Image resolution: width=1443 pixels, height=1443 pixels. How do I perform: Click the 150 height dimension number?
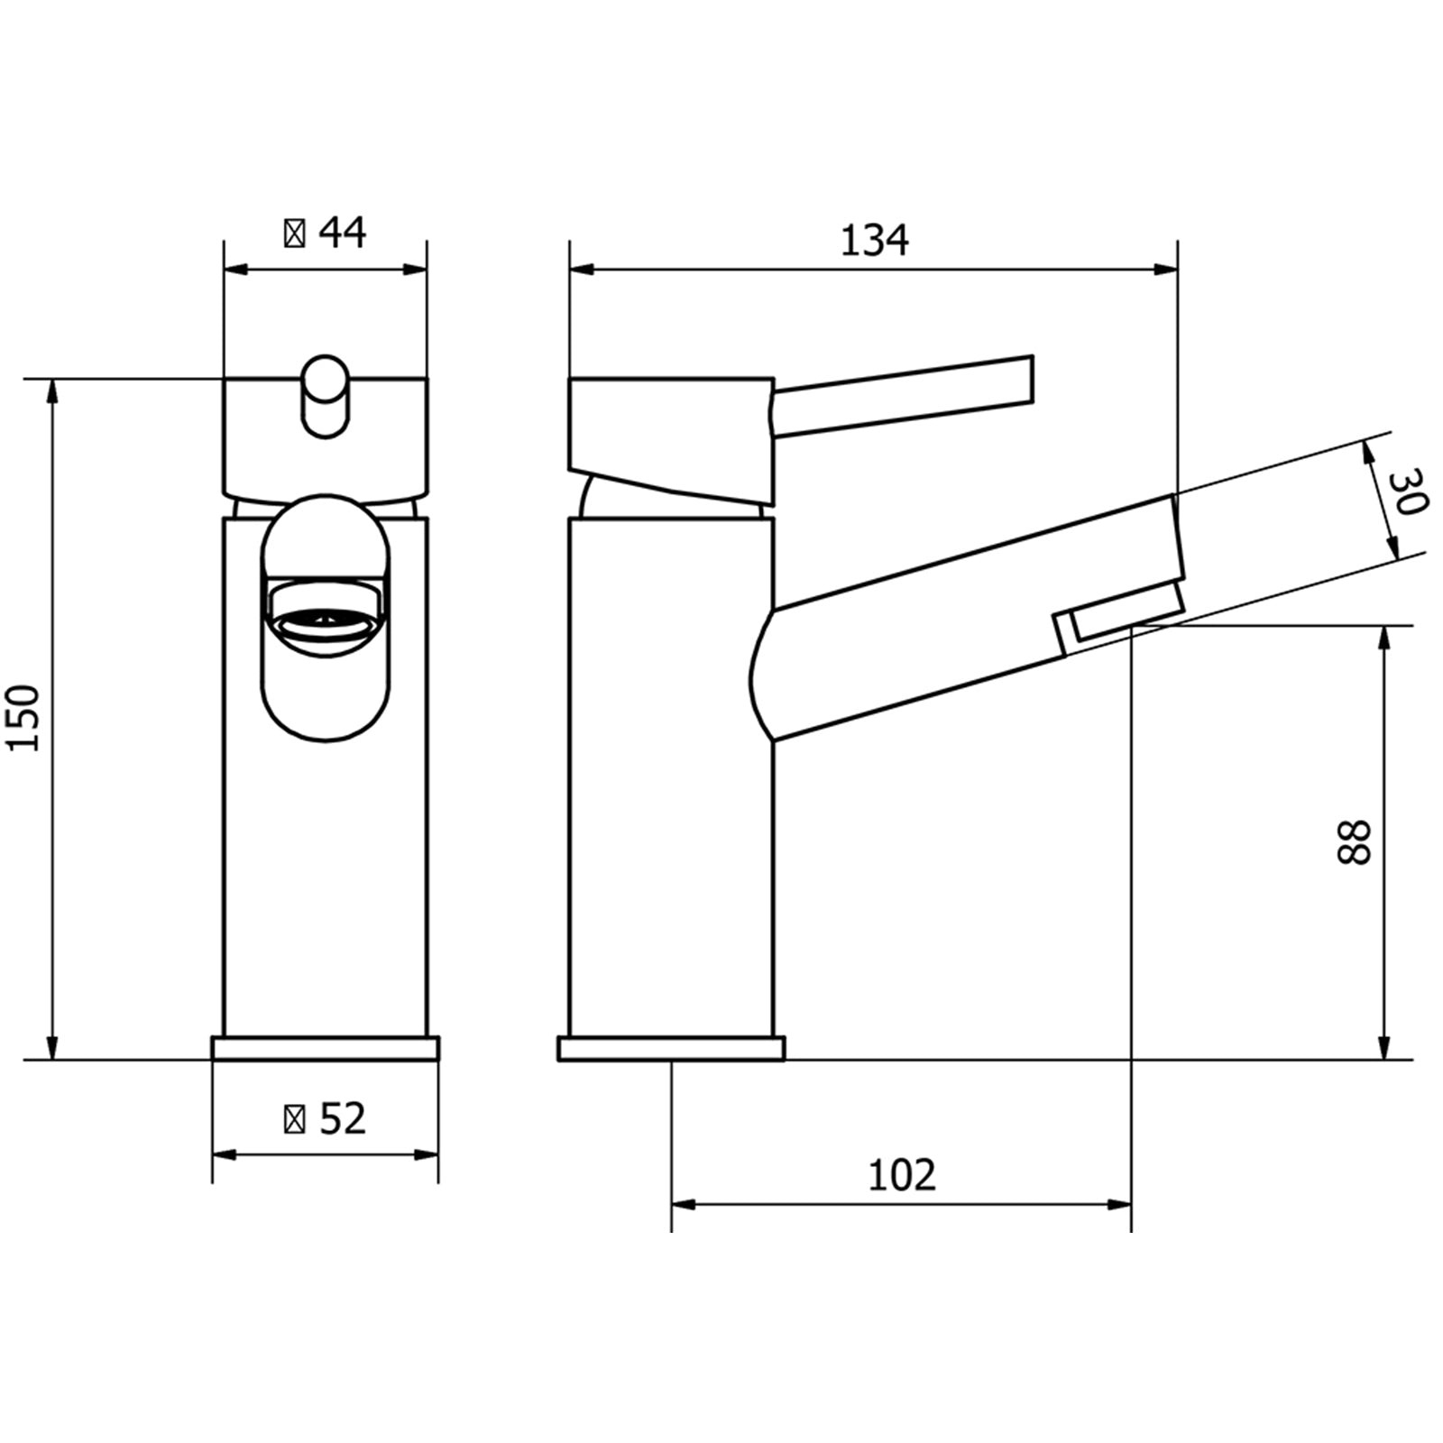click(x=23, y=718)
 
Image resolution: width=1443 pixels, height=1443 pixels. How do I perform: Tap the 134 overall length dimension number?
click(x=874, y=241)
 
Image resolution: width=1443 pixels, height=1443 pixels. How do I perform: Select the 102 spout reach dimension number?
click(x=901, y=1175)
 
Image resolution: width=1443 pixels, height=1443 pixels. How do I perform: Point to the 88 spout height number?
click(x=1353, y=842)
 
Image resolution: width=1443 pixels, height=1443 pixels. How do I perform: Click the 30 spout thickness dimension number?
click(x=1407, y=492)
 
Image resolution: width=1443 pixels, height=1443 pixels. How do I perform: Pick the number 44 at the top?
click(x=343, y=233)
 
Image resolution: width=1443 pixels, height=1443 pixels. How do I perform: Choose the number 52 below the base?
click(x=343, y=1119)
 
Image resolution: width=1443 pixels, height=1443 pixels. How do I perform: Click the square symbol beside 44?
click(x=294, y=234)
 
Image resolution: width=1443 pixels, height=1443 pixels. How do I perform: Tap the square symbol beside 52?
click(x=294, y=1120)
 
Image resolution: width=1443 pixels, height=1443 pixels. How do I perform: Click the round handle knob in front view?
click(x=325, y=397)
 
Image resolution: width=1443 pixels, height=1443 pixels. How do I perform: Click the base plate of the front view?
click(x=325, y=1049)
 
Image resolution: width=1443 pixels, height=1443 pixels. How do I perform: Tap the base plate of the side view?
click(x=671, y=1049)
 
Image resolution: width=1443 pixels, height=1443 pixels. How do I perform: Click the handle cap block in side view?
click(x=671, y=433)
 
